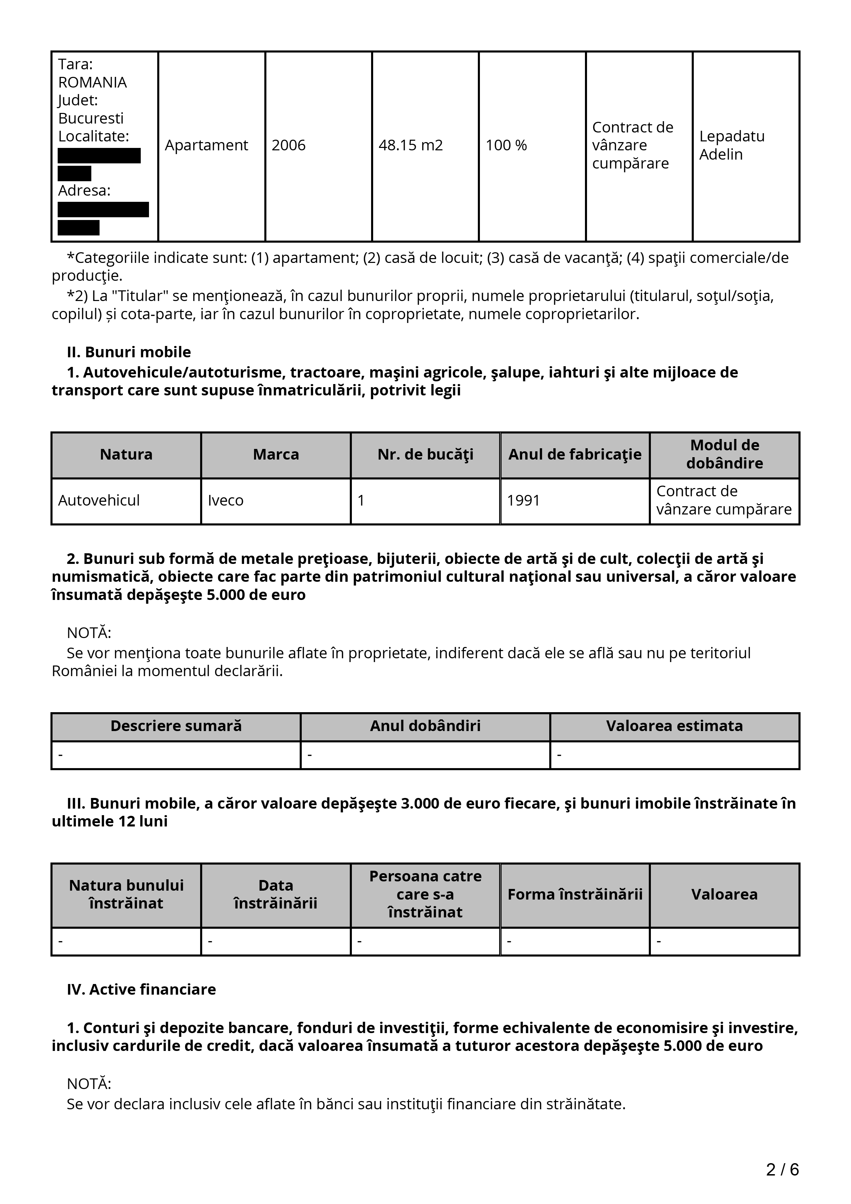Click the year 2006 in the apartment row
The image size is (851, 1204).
pyautogui.click(x=288, y=145)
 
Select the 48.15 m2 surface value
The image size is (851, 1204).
pyautogui.click(x=411, y=145)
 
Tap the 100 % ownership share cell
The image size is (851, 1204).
pyautogui.click(x=506, y=145)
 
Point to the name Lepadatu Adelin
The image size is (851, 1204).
pyautogui.click(x=732, y=145)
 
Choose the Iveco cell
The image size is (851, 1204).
pyautogui.click(x=226, y=500)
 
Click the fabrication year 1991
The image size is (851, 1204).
pyautogui.click(x=523, y=500)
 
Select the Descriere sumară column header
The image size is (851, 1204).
pyautogui.click(x=176, y=726)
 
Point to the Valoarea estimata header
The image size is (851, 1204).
pyautogui.click(x=674, y=726)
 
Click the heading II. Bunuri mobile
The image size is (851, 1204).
pyautogui.click(x=129, y=352)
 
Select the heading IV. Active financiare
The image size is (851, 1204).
pyautogui.click(x=141, y=989)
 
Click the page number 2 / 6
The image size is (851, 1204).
pyautogui.click(x=782, y=1170)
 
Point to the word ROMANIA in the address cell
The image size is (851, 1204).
pyautogui.click(x=92, y=82)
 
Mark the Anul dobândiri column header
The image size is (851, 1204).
pyautogui.click(x=425, y=726)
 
